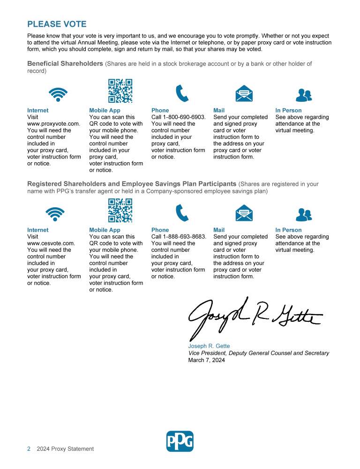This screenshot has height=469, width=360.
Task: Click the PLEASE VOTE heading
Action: (57, 24)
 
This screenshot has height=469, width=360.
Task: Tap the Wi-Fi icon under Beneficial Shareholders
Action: (58, 94)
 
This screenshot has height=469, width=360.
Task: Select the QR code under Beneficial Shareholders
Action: (120, 91)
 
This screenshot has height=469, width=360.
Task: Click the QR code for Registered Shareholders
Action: (120, 211)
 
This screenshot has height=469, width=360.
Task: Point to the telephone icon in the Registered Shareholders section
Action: (182, 213)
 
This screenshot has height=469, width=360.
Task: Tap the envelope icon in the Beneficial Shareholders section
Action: (244, 94)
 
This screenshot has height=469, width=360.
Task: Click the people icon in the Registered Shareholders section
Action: (304, 214)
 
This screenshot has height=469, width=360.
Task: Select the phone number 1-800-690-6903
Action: (184, 117)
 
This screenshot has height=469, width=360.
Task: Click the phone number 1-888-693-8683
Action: (185, 237)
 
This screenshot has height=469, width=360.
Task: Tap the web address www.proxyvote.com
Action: (53, 124)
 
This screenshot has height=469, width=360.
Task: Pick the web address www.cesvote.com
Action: (51, 243)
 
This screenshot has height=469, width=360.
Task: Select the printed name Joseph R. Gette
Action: (209, 346)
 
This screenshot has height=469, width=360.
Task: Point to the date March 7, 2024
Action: (206, 360)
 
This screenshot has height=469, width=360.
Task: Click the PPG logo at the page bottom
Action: (180, 441)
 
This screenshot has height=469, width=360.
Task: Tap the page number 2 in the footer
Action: (29, 449)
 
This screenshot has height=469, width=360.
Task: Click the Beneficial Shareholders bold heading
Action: (65, 63)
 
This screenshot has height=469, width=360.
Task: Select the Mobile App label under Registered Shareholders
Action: (105, 230)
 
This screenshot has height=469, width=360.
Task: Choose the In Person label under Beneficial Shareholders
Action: (288, 111)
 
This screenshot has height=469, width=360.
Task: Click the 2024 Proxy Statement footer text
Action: (65, 449)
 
